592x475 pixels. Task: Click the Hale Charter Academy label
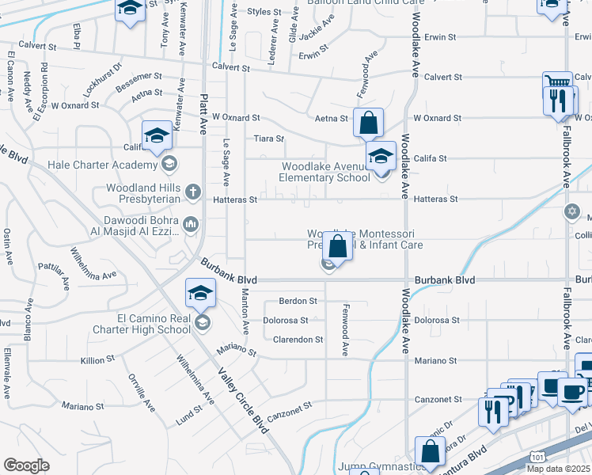coord(102,165)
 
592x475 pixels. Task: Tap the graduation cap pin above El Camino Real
coord(201,294)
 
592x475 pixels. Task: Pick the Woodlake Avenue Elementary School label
coord(326,172)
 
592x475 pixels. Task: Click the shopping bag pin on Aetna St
coord(368,123)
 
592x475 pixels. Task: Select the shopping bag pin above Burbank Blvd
coord(337,246)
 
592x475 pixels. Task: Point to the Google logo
coord(26,465)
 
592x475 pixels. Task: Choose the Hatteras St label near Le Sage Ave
coord(234,200)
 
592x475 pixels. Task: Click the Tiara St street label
coord(268,139)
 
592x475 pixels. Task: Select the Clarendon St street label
coord(298,340)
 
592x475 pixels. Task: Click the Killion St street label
coord(97,360)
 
